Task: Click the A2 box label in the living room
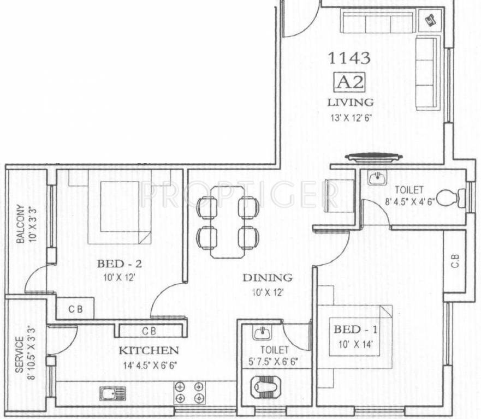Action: [x=349, y=82]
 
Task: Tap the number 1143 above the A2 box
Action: [x=349, y=57]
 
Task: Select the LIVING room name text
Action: [x=350, y=102]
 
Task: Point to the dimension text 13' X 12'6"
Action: [x=350, y=116]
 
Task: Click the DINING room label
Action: [x=268, y=278]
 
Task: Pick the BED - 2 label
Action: [x=120, y=264]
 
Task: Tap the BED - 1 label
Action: [x=355, y=330]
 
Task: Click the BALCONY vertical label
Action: [x=20, y=224]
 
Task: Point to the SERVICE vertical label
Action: [x=20, y=355]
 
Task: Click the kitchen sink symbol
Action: [x=112, y=392]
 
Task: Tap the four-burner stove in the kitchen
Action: [x=189, y=393]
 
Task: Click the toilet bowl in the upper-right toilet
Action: [x=449, y=197]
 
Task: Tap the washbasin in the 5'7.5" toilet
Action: [x=261, y=332]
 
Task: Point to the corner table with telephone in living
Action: [x=430, y=20]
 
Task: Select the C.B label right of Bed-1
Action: [x=455, y=261]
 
